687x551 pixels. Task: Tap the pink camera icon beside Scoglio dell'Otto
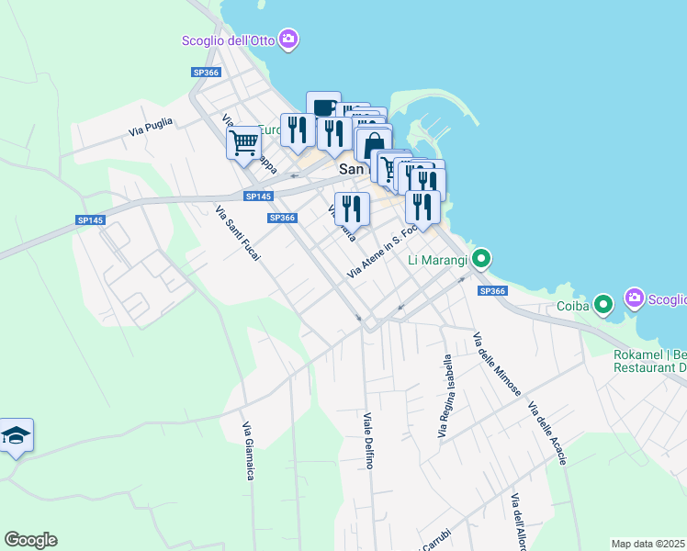288,39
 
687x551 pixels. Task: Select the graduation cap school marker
16,435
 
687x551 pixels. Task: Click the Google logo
30,540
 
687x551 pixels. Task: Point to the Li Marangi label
437,260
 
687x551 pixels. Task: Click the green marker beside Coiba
603,302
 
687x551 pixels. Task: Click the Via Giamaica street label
248,450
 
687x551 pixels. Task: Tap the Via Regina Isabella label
447,394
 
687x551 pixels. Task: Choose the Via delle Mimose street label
497,363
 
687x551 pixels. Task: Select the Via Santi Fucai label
237,232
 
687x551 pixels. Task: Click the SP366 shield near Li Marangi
492,290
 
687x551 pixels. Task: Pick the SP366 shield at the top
206,73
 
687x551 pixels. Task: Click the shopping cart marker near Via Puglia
243,143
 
